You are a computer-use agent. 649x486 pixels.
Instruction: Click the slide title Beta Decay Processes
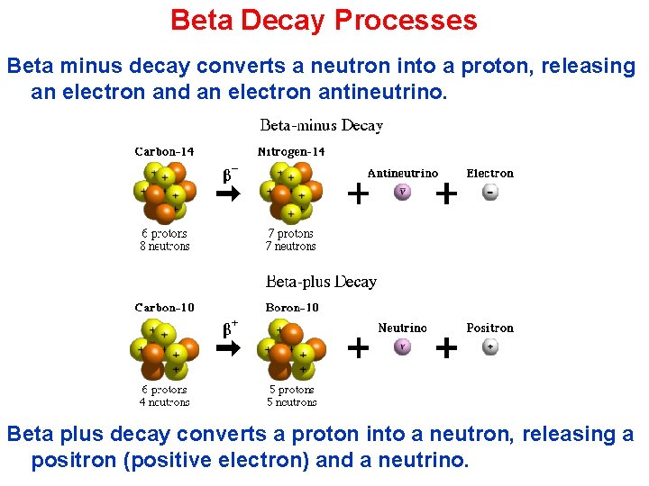[x=324, y=20]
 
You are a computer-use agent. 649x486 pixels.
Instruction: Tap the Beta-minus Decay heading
[x=322, y=126]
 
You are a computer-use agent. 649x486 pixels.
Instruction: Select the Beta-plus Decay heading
[x=322, y=282]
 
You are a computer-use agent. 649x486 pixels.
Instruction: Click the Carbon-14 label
[x=164, y=152]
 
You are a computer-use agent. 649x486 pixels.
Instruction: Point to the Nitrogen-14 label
[x=291, y=152]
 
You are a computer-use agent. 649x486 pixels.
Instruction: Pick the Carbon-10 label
[x=164, y=308]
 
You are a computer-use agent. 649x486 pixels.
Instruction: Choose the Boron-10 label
[x=292, y=308]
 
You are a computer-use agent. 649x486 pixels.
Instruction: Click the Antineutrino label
[x=403, y=173]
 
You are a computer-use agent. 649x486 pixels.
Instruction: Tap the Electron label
[x=489, y=173]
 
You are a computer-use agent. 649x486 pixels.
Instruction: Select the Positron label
[x=489, y=328]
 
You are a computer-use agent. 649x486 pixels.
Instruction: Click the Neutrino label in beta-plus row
[x=403, y=328]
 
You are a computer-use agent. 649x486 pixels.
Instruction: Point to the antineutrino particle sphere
[x=403, y=192]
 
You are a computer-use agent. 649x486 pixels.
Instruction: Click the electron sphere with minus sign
[x=490, y=192]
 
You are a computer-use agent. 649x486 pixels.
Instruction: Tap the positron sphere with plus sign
[x=490, y=347]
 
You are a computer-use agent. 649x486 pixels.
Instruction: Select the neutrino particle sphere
[x=403, y=347]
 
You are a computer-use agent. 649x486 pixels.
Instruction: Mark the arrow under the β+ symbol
[x=229, y=348]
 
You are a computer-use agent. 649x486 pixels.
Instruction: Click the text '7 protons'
[x=291, y=234]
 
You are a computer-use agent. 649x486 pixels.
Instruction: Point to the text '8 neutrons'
[x=164, y=246]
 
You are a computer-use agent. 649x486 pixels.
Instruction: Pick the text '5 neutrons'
[x=292, y=402]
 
